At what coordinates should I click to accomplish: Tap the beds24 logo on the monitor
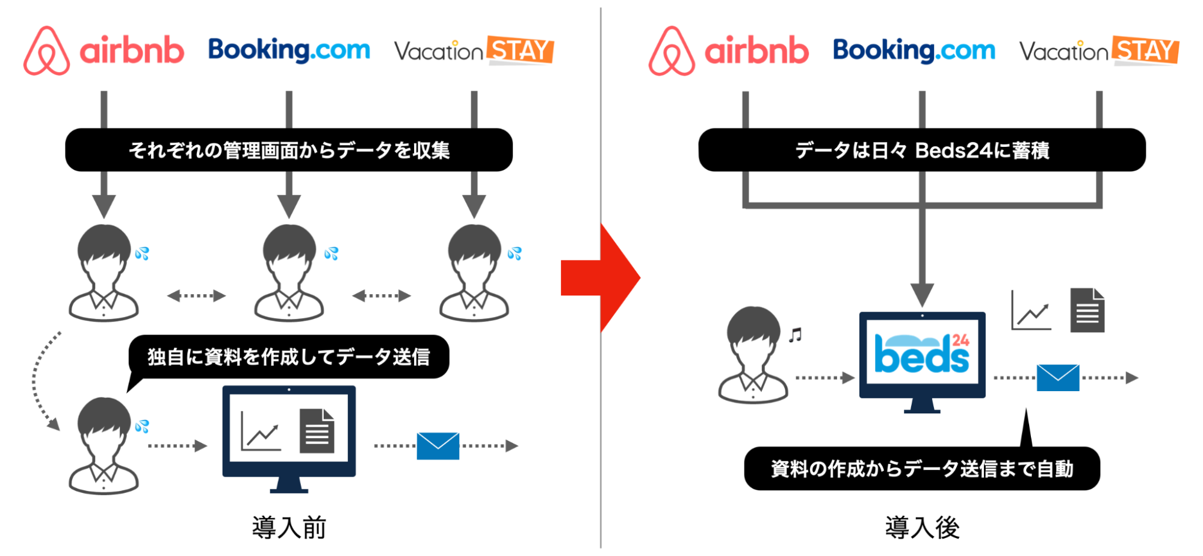(922, 354)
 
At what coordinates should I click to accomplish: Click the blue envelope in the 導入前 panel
(438, 446)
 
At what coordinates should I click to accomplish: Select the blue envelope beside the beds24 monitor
(1058, 378)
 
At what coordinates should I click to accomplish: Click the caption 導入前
(289, 528)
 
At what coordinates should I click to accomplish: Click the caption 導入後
(922, 528)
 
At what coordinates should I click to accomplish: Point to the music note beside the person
(796, 335)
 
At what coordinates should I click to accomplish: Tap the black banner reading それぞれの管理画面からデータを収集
(289, 150)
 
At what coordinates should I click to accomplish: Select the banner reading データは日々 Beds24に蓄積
(922, 150)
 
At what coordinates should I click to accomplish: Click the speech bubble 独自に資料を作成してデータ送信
(289, 357)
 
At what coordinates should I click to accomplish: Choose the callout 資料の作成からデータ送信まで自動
(922, 468)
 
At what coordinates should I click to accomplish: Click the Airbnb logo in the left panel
(104, 51)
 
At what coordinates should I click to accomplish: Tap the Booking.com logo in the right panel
(914, 51)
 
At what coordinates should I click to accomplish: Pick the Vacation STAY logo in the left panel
(474, 51)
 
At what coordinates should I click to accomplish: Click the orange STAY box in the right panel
(1145, 51)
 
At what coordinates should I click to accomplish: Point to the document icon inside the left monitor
(317, 431)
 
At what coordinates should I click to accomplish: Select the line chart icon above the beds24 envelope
(1031, 310)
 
